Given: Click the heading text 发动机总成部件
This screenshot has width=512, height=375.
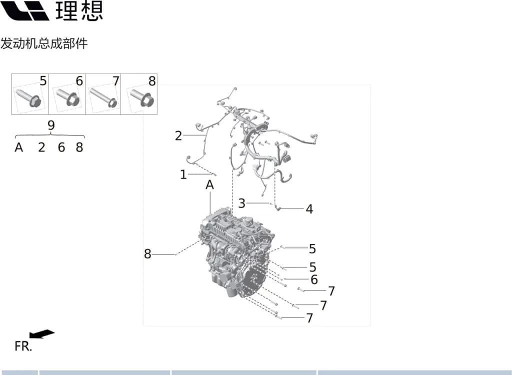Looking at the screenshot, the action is pyautogui.click(x=44, y=43).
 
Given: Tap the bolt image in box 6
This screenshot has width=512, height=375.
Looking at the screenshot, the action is pyautogui.click(x=68, y=97).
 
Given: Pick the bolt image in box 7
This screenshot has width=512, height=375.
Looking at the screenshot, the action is pyautogui.click(x=103, y=97).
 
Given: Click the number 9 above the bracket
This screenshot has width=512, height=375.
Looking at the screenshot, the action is pyautogui.click(x=51, y=125).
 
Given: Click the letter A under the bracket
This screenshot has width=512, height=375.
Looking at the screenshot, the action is pyautogui.click(x=19, y=147).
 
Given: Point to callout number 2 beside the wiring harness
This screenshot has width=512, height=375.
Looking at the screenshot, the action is pyautogui.click(x=178, y=135).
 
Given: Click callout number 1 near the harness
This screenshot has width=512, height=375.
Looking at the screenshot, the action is pyautogui.click(x=183, y=174).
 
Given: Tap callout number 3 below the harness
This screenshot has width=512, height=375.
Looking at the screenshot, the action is pyautogui.click(x=241, y=203).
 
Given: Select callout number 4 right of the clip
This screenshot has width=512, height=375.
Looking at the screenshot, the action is pyautogui.click(x=309, y=209).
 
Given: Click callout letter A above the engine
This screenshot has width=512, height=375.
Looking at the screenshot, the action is pyautogui.click(x=209, y=185).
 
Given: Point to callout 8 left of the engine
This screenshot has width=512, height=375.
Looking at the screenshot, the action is pyautogui.click(x=147, y=254).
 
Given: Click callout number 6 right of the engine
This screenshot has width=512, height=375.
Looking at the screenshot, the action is pyautogui.click(x=314, y=279).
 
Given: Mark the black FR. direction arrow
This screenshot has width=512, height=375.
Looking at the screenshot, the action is pyautogui.click(x=42, y=334).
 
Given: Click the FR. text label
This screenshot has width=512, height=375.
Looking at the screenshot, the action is pyautogui.click(x=23, y=346).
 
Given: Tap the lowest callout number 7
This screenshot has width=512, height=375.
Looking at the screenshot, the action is pyautogui.click(x=309, y=318).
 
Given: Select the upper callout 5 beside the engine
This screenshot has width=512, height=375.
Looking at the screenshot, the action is pyautogui.click(x=312, y=249).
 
